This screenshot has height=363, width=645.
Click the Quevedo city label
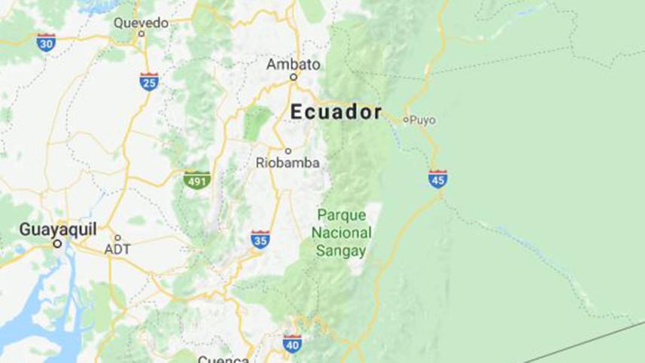pos(141,23)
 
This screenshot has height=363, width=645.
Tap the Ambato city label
pos(294,64)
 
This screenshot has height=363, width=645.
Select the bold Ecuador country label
pos(336,112)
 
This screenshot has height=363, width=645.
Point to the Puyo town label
pos(423,119)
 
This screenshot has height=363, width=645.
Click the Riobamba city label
pos(288,163)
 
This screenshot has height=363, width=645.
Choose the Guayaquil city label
pos(58,229)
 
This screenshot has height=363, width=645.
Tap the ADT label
pos(117,249)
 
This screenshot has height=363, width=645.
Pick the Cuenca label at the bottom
pos(223,358)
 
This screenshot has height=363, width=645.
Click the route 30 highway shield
pos(47,43)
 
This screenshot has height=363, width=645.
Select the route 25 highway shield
pos(149,82)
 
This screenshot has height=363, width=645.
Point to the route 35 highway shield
pos(260,240)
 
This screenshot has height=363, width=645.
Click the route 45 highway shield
pos(438,179)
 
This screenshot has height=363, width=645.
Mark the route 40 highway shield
pos(292,344)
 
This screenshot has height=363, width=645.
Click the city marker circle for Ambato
pos(294,76)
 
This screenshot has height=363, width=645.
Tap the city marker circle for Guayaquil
pos(57,243)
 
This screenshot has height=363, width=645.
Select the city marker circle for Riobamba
pos(288,151)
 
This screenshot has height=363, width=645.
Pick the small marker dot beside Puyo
pos(406,119)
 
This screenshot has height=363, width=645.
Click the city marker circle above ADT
pos(117,237)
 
